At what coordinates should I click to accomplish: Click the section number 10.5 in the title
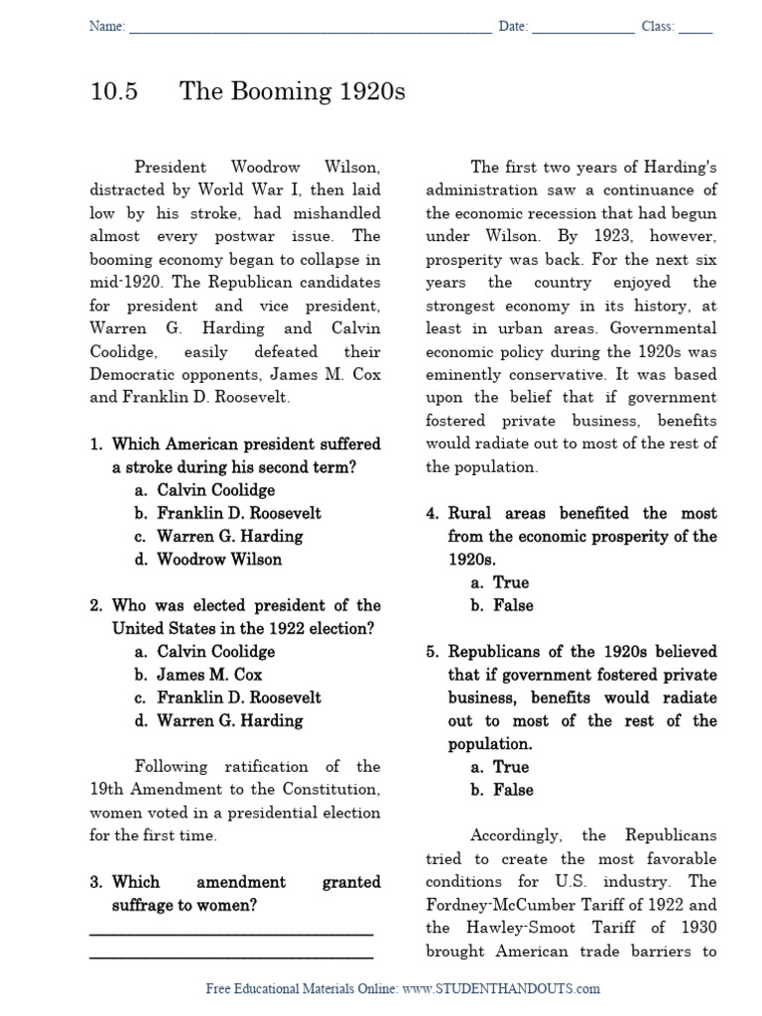(x=113, y=92)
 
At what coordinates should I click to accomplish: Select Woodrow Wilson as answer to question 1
(x=218, y=560)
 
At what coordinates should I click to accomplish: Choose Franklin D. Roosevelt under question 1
(x=238, y=513)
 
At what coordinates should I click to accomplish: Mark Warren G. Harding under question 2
(x=229, y=721)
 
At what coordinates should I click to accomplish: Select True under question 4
(x=511, y=582)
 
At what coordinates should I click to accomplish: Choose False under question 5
(x=513, y=791)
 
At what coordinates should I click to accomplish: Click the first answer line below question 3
(x=231, y=933)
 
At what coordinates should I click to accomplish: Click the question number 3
(x=96, y=882)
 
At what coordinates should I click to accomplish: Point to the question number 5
(x=433, y=652)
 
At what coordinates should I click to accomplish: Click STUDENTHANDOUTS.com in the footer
(x=516, y=988)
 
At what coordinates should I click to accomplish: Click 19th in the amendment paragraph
(x=107, y=790)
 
